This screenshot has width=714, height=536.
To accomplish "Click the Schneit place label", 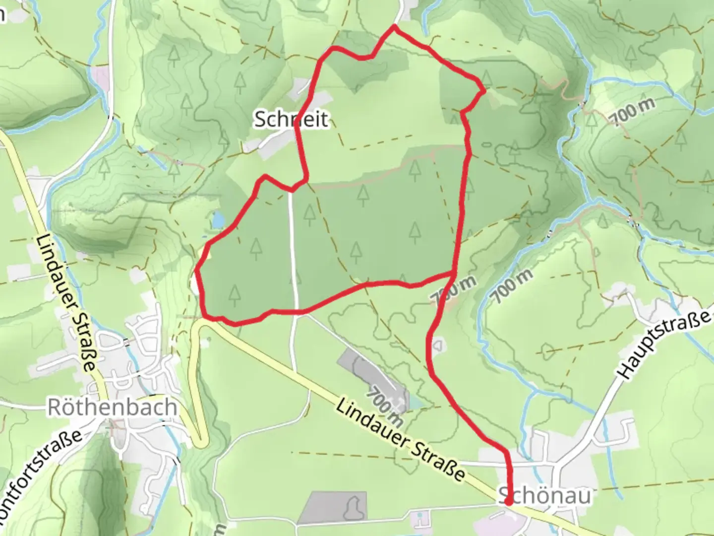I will click(291, 120).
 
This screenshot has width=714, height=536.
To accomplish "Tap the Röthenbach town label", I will click(112, 407).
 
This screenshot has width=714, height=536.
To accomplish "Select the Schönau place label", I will click(544, 495).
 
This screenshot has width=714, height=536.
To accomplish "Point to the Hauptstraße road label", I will click(664, 345).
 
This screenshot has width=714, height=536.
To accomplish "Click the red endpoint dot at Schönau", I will click(509, 502).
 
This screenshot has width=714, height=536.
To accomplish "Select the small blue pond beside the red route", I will click(217, 220).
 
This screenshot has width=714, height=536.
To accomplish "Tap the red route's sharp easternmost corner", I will click(484, 91).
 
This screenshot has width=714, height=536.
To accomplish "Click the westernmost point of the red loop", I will click(197, 271).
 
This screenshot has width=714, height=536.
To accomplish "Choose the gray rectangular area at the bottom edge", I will click(333, 507).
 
